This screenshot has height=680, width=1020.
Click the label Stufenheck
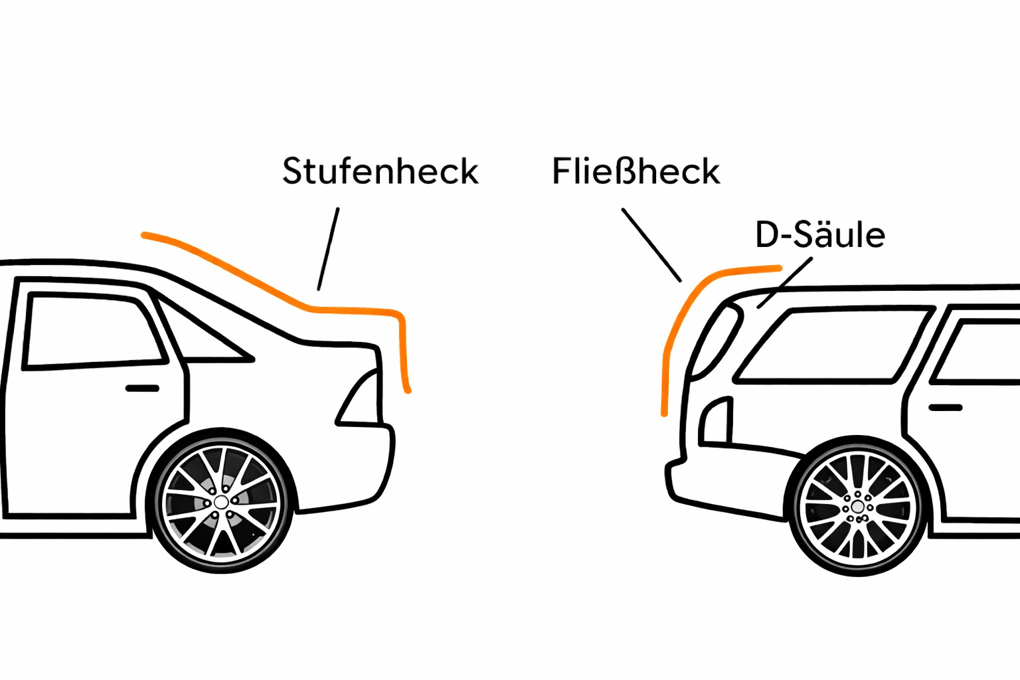point(380,171)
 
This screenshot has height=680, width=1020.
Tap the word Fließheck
point(636,171)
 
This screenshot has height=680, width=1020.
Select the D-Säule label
point(820,234)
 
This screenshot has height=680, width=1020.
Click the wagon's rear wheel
point(857,507)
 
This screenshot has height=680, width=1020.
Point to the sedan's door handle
point(142,388)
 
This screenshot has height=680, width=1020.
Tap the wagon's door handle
point(945,406)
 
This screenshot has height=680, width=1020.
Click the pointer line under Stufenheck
point(328,249)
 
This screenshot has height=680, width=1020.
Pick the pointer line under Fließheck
point(651,244)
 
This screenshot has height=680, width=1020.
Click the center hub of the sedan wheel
point(222,501)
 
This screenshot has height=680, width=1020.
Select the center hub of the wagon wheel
point(857,507)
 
